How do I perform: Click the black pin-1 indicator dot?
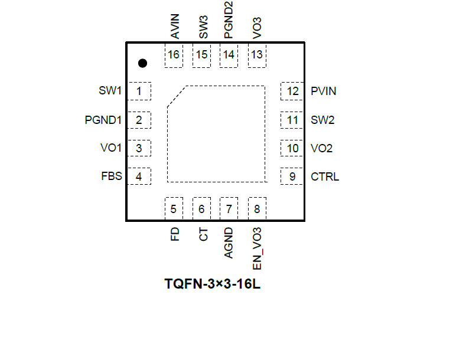pos(142,63)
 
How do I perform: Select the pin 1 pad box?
pos(139,91)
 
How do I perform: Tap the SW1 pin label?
pos(110,91)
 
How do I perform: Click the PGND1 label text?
pos(103,120)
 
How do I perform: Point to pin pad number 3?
pos(139,148)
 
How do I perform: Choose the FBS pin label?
pos(112,176)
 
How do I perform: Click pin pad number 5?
pos(174,208)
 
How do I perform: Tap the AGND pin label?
pos(229,243)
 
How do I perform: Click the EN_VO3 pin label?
pos(258,248)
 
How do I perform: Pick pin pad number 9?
pos(292,176)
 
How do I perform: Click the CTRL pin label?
pos(325,176)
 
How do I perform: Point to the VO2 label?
pos(322,148)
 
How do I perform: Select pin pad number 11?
pos(292,120)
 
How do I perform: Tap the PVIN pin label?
pos(324,91)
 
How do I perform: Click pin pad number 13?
pos(257,55)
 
